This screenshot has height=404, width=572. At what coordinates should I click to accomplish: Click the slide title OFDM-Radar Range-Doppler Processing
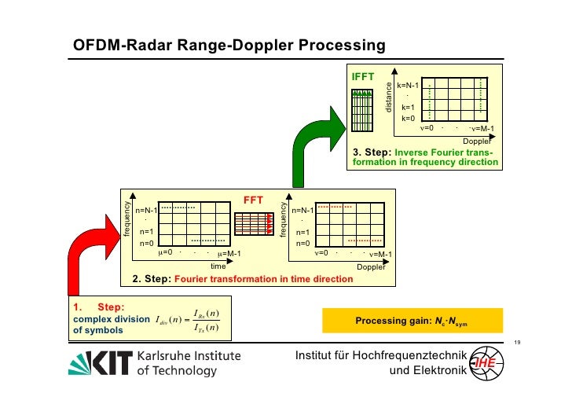click(x=229, y=46)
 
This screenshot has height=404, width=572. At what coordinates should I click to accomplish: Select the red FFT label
click(x=253, y=200)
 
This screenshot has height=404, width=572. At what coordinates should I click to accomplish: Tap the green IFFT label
click(x=362, y=76)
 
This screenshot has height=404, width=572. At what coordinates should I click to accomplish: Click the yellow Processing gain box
click(x=412, y=320)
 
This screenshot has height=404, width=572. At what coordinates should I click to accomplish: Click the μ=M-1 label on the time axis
click(x=229, y=254)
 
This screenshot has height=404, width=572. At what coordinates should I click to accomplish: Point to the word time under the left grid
click(x=218, y=266)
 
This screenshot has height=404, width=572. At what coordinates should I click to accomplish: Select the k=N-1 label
click(x=408, y=84)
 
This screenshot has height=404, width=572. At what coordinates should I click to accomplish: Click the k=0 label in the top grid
click(x=408, y=118)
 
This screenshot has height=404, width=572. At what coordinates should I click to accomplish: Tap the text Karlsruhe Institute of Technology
click(x=189, y=362)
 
